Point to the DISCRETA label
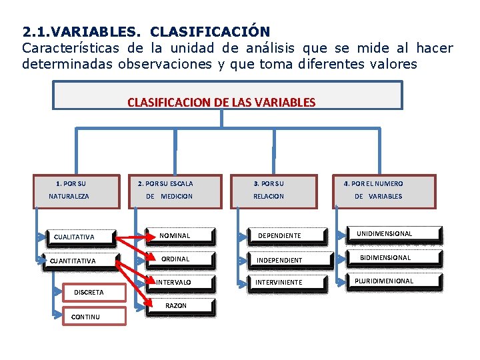pos(89,292)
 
